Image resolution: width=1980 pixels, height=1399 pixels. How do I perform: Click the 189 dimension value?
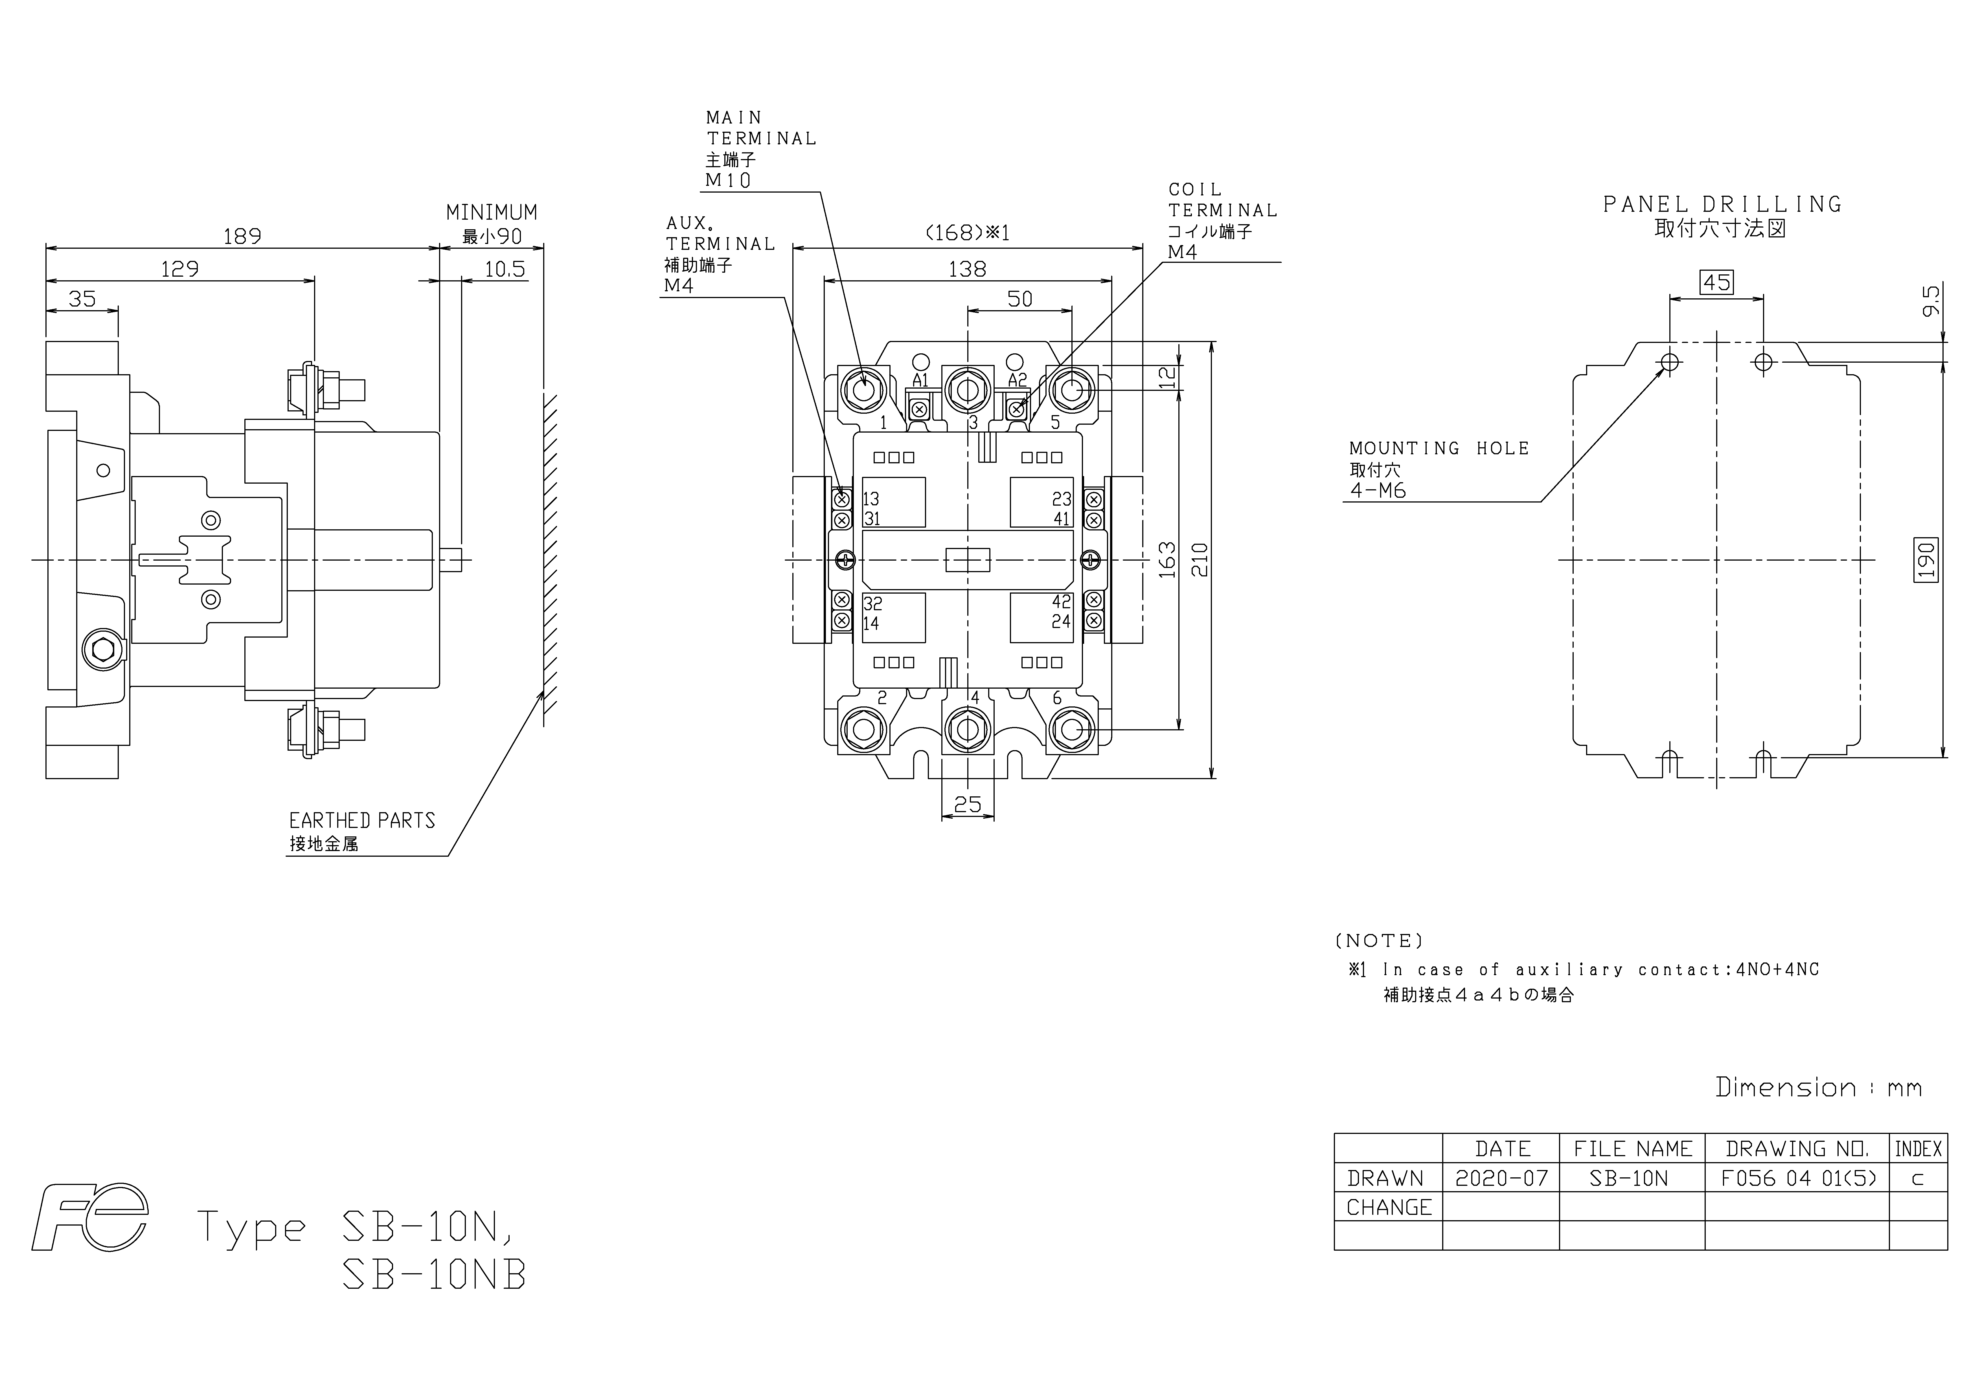(x=242, y=236)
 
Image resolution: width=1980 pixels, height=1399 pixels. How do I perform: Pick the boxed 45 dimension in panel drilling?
(x=1716, y=283)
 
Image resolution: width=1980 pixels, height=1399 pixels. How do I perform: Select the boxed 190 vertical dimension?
(x=1926, y=560)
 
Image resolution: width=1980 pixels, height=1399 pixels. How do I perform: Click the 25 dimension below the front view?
(x=968, y=804)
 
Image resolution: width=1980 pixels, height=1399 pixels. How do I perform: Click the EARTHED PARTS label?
(x=362, y=821)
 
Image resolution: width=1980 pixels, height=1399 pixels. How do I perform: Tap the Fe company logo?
(x=91, y=1217)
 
